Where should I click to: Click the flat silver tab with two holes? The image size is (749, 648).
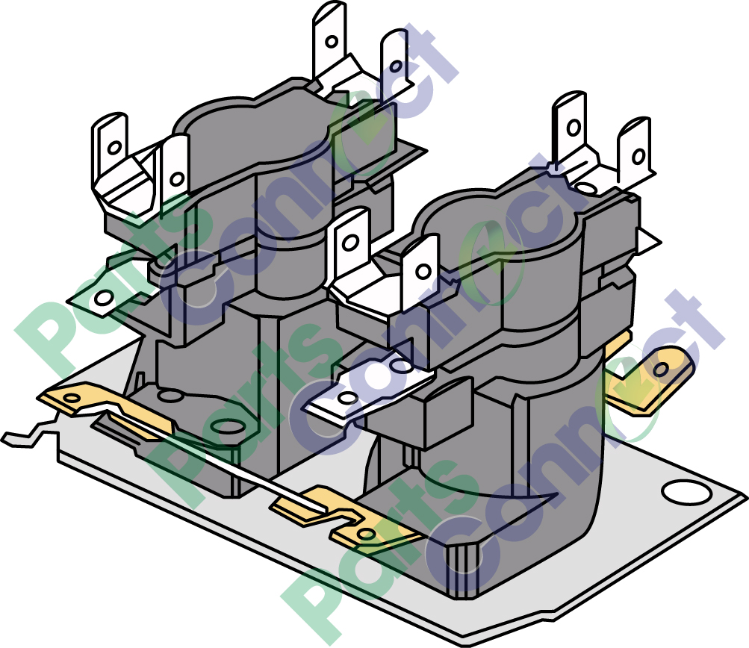(x=366, y=384)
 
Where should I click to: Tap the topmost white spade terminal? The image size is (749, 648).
(x=328, y=37)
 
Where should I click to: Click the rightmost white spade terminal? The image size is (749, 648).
(x=635, y=153)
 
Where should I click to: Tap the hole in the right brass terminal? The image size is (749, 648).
(x=661, y=370)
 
